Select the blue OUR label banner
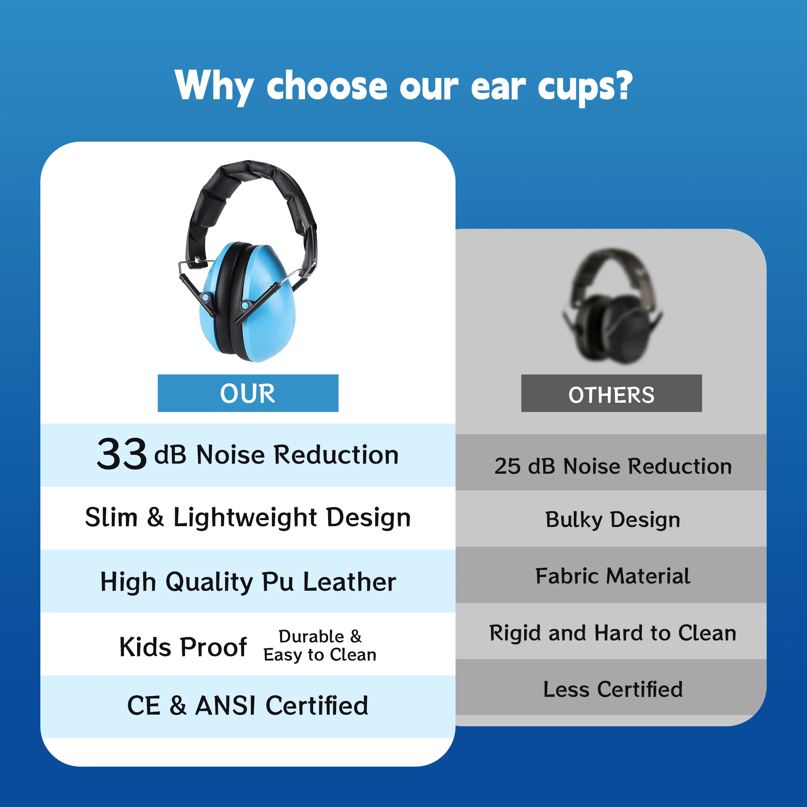click(x=248, y=393)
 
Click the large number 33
click(x=121, y=454)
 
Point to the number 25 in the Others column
click(x=507, y=466)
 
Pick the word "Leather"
click(x=349, y=582)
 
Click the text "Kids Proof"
click(x=183, y=647)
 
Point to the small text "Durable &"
click(x=320, y=636)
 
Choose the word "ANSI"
click(x=226, y=705)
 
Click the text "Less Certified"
click(x=613, y=689)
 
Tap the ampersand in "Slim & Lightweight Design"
click(x=155, y=517)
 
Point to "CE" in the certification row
click(x=144, y=705)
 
